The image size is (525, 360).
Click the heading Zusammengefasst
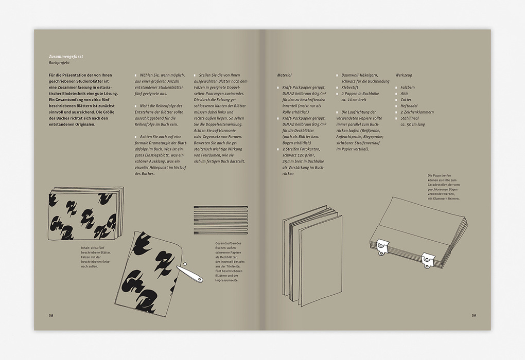[x=66, y=57]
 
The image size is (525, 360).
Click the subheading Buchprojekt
[x=59, y=63]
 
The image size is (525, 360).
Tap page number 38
[x=51, y=315]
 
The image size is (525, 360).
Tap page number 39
[x=474, y=315]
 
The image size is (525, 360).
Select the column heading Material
[x=284, y=75]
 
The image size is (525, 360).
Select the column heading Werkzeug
[x=404, y=75]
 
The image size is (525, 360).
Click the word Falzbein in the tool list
[x=408, y=87]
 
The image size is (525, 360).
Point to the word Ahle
[x=405, y=94]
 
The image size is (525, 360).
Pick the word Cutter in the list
[x=406, y=100]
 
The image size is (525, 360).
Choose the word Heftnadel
[x=409, y=106]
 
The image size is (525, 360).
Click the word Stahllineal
[x=410, y=118]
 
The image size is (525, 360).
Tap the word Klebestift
[x=350, y=87]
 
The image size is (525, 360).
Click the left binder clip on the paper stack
[x=382, y=246]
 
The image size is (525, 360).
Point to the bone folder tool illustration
[x=189, y=274]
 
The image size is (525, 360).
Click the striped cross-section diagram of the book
[x=221, y=220]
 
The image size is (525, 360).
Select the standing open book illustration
[x=312, y=256]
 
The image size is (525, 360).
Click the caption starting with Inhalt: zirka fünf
[x=96, y=257]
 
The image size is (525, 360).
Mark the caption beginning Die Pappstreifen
[x=444, y=187]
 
